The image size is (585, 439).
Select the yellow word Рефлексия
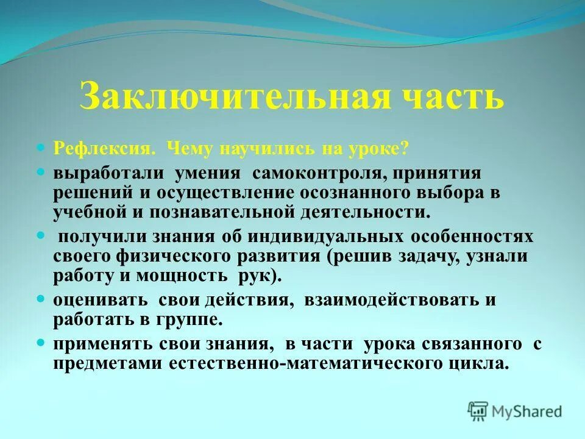(98, 149)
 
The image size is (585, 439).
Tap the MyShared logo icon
(478, 410)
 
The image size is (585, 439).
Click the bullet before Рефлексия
(41, 148)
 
